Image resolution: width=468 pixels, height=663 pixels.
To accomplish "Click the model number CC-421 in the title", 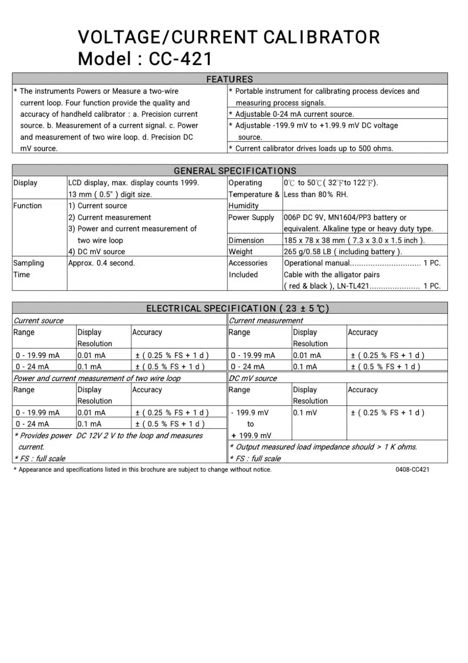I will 181,59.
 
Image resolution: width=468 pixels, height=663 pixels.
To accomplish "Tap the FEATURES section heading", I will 230,79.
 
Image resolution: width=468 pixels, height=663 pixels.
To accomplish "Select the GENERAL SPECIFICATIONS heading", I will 235,171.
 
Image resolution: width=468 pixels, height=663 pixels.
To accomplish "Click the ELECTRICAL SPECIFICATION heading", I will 238,309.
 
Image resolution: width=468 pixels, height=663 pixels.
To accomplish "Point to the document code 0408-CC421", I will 412,469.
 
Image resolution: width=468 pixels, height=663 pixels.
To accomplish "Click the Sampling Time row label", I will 29,268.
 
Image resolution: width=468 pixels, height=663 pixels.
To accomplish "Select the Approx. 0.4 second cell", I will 102,263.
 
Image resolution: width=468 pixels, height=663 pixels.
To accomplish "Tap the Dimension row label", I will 246,240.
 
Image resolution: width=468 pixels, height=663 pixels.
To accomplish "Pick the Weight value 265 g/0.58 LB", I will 343,251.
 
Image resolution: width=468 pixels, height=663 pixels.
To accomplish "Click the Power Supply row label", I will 251,217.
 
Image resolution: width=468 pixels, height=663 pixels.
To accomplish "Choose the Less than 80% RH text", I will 316,194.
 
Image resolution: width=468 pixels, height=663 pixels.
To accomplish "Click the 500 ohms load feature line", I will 314,149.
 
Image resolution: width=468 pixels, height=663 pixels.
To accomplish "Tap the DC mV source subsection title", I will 253,378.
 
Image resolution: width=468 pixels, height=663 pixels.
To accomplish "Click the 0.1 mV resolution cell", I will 305,412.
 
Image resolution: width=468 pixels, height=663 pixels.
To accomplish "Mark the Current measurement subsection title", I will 266,320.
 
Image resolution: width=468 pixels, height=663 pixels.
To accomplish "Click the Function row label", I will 27,206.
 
